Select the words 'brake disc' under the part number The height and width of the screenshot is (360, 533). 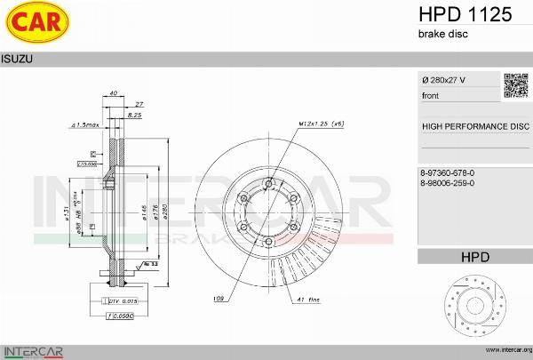442,34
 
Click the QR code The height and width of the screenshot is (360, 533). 516,85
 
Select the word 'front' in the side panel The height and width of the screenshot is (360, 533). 430,95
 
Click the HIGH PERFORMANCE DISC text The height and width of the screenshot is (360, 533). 475,126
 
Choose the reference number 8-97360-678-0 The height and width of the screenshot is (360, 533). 448,172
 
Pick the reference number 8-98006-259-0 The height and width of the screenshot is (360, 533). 448,182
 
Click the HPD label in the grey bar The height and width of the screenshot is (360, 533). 475,258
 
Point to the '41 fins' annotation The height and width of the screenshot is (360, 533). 307,301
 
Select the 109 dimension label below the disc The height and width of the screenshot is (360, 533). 219,300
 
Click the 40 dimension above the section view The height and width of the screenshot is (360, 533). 114,92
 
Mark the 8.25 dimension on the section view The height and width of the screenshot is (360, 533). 135,116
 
